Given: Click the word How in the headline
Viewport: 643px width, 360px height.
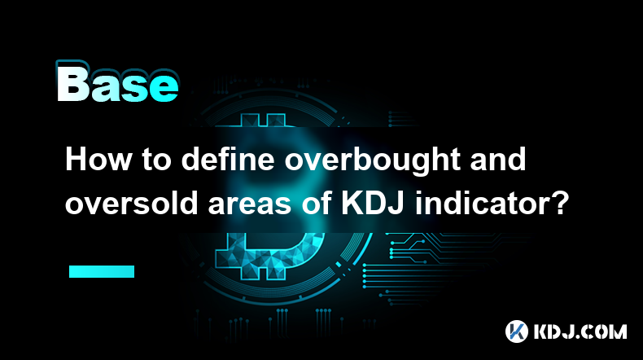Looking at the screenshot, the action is point(98,160).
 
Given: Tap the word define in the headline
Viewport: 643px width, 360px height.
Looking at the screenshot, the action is point(228,160).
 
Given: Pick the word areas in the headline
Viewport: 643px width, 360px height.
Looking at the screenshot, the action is point(250,205).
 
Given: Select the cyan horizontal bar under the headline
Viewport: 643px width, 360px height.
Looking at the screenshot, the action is point(102,271).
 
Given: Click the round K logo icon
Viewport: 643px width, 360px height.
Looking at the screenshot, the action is point(517,331).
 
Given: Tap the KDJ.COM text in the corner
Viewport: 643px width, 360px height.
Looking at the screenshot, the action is point(580,331).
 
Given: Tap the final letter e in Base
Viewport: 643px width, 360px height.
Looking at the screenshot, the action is point(164,88).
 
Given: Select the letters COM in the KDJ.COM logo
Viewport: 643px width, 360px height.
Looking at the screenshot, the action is point(604,331).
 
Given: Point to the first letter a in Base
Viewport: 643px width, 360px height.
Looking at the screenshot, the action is point(105,88).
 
